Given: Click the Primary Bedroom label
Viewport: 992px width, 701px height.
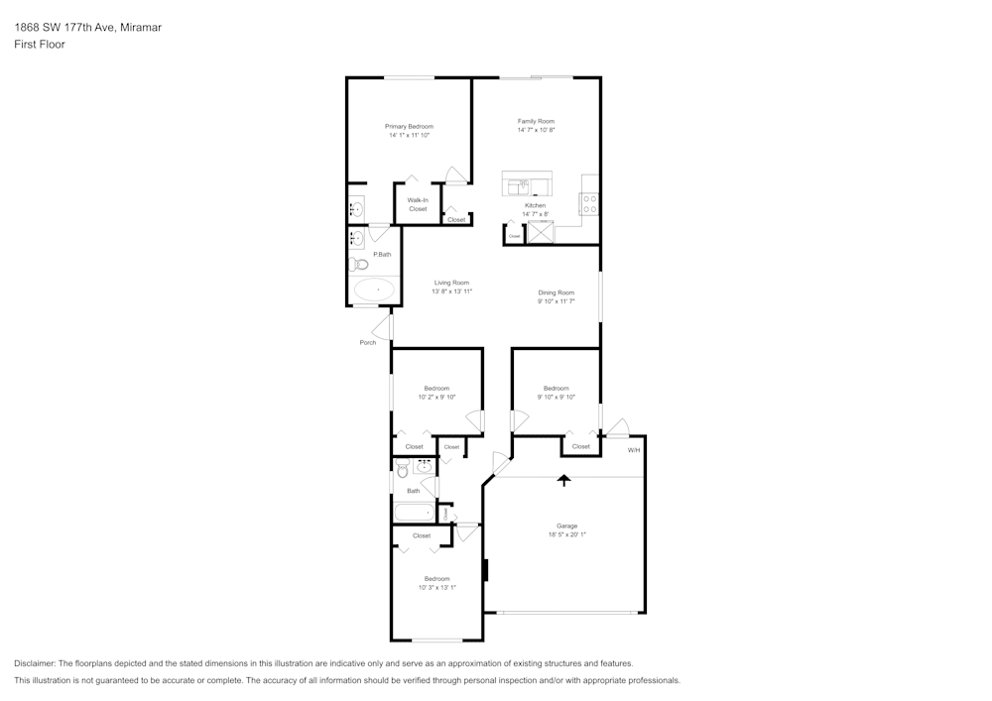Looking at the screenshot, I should point(409,127).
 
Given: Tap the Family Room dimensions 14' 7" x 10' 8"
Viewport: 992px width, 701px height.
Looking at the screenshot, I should point(536,130).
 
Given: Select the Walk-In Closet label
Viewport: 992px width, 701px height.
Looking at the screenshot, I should point(417,204).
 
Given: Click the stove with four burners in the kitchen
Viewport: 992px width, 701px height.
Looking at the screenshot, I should point(590,203).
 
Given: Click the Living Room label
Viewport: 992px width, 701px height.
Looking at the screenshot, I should point(451,283).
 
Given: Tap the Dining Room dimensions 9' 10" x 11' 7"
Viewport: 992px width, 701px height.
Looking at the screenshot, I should point(556,301).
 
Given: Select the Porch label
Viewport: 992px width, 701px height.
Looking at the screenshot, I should point(368,343).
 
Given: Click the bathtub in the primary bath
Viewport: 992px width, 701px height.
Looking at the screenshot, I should point(374,290).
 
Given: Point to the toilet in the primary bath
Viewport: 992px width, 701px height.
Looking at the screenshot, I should point(356,264).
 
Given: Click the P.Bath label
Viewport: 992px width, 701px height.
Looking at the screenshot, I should point(382,255).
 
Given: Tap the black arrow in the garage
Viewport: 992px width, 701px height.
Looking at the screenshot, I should point(564,481).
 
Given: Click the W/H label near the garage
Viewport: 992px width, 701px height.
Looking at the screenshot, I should point(633,450).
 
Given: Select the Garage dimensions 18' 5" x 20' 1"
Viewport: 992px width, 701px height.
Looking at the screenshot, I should point(566,534).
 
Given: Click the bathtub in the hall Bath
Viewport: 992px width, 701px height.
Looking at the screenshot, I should point(414,513).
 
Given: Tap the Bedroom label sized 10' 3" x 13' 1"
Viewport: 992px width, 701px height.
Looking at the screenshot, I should point(436,578).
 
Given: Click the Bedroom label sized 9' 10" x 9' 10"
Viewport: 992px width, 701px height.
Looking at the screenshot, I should point(556,388).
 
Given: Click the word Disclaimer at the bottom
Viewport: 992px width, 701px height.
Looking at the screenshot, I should point(35,663).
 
